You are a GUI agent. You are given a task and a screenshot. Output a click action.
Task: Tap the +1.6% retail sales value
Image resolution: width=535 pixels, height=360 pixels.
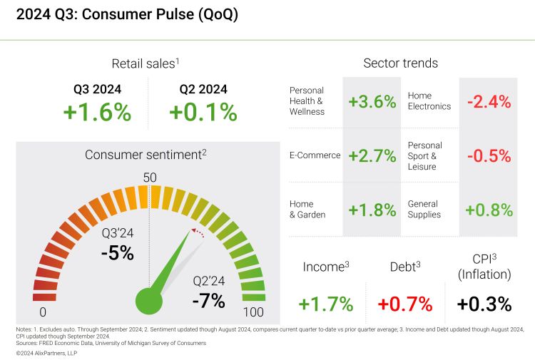coord(97,112)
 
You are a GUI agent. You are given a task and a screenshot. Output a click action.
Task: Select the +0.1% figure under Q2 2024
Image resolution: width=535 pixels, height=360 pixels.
coord(203,112)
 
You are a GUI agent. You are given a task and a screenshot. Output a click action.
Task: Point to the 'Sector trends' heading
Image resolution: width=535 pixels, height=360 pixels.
coord(400,63)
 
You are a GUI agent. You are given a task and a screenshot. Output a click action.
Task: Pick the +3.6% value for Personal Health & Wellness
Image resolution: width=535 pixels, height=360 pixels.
coord(372,101)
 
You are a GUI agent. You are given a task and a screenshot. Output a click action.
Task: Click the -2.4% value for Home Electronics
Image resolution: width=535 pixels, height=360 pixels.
coord(489,101)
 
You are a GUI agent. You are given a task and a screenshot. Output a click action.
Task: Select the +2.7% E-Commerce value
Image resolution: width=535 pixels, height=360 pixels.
coord(372,155)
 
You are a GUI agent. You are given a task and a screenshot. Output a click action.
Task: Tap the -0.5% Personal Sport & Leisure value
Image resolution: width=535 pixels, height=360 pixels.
coord(489,155)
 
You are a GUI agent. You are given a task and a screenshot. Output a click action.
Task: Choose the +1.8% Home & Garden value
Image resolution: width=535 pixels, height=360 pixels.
coord(372,210)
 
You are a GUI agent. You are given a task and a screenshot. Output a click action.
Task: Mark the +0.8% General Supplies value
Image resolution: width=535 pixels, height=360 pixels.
coord(489,210)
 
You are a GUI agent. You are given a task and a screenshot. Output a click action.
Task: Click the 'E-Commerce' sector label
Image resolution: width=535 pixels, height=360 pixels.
coord(315,155)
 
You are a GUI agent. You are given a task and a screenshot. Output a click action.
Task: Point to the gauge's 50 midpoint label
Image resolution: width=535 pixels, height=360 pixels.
coord(150,178)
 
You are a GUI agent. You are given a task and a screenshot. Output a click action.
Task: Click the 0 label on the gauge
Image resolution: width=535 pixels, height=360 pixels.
coord(43,312)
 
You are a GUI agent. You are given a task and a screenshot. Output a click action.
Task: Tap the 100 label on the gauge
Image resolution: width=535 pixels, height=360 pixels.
coord(253,312)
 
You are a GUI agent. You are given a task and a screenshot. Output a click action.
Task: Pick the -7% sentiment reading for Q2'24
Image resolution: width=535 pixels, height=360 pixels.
coord(208,300)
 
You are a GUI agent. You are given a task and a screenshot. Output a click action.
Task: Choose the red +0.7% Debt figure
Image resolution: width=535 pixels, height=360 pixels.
coord(405,304)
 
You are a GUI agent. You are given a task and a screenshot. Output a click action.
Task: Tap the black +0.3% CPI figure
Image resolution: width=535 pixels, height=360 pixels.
coord(484,304)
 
